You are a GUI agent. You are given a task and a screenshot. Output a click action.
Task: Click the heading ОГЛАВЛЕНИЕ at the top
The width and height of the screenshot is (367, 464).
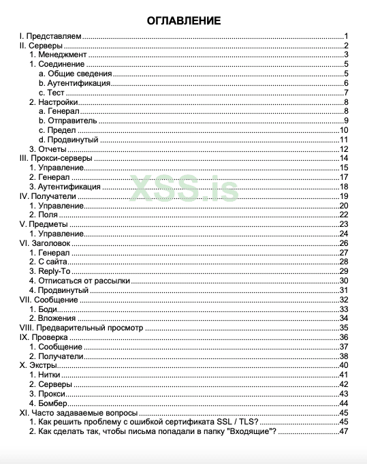pos(183,21)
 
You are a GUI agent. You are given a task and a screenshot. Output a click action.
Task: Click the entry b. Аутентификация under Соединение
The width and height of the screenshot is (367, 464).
pos(75,83)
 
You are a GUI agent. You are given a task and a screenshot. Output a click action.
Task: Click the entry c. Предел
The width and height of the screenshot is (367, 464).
pos(58,130)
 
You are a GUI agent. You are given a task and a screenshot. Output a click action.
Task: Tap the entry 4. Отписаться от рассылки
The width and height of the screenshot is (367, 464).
pos(80,281)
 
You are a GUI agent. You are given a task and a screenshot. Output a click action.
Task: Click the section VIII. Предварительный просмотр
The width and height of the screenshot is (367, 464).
pos(81,328)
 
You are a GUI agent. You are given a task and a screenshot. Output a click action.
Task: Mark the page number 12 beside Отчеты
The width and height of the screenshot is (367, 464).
pos(345,149)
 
